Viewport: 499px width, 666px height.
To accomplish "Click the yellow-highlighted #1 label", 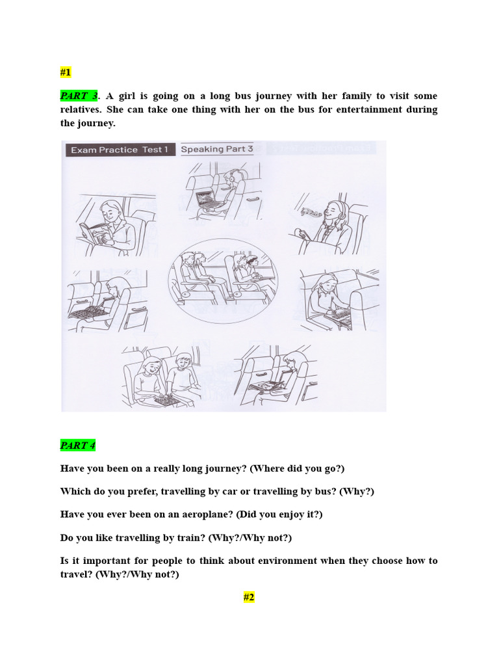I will (x=66, y=72).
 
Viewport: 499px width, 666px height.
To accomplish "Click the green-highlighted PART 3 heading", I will (x=78, y=96).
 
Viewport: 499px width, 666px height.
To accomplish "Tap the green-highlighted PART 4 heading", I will (x=78, y=446).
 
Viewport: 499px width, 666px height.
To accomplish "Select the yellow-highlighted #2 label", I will (x=249, y=597).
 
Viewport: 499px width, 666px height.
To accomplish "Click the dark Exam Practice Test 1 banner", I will (x=120, y=150).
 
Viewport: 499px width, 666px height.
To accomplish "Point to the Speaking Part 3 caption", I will (x=217, y=150).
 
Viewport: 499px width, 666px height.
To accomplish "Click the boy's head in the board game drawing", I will (x=183, y=362).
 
